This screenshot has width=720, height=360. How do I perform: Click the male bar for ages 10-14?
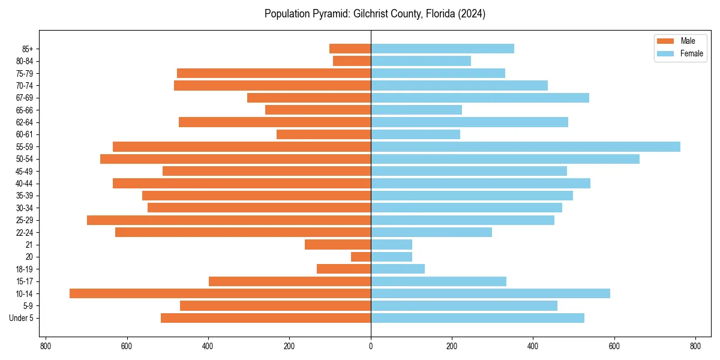pyautogui.click(x=220, y=293)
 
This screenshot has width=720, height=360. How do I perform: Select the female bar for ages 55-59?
pyautogui.click(x=526, y=146)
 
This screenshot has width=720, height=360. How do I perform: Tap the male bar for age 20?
pyautogui.click(x=361, y=257)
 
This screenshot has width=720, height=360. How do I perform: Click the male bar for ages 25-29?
pyautogui.click(x=229, y=220)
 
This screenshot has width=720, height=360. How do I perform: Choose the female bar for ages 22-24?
pyautogui.click(x=431, y=232)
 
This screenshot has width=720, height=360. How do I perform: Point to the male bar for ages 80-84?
pyautogui.click(x=352, y=61)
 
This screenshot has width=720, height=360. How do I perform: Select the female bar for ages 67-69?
pyautogui.click(x=480, y=98)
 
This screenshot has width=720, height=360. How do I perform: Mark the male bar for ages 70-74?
pyautogui.click(x=272, y=85)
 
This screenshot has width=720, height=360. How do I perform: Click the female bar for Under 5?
pyautogui.click(x=478, y=318)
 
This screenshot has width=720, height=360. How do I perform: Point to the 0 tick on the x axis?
pyautogui.click(x=371, y=346)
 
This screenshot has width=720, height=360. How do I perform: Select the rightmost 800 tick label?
pyautogui.click(x=695, y=346)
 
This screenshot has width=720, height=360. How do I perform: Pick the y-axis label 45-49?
pyautogui.click(x=25, y=171)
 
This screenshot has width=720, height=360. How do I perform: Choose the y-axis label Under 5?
pyautogui.click(x=21, y=318)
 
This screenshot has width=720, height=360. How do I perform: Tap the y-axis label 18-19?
pyautogui.click(x=25, y=269)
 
